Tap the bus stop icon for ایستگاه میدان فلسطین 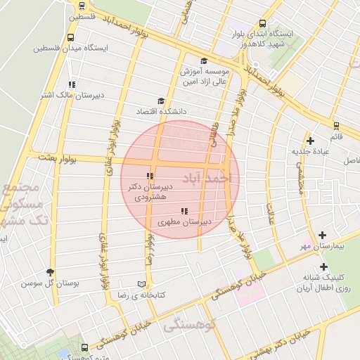pos(70,38)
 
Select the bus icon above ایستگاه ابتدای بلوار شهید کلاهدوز pos(263,22)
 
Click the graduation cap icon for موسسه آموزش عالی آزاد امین pos(204,61)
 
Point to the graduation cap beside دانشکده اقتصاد pos(161,101)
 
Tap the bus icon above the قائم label pos(336,126)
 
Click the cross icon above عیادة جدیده pos(310,141)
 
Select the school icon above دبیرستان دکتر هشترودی pos(149,176)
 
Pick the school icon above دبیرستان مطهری pos(184,211)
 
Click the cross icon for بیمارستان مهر pos(323,236)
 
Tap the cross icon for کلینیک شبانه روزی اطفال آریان pos(323,266)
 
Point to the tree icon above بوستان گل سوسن pos(49,272)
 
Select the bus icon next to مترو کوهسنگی pos(84,347)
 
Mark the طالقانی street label pos(213,133)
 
